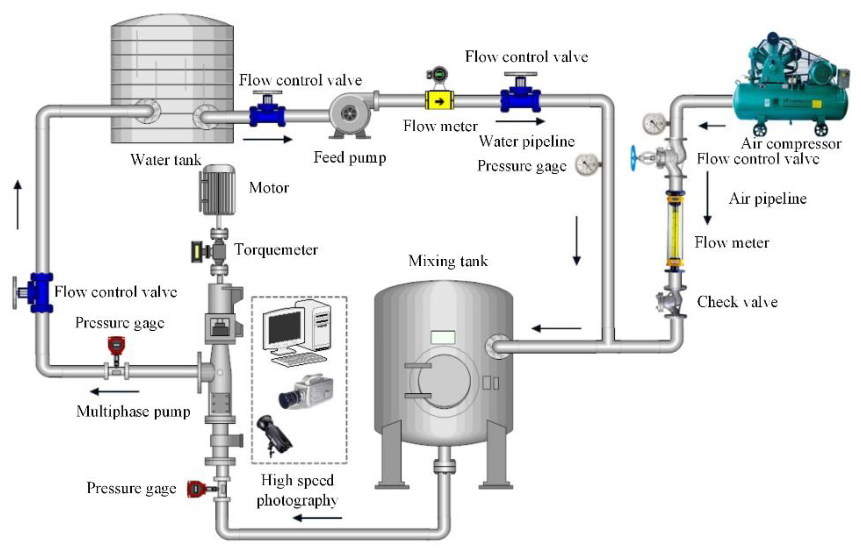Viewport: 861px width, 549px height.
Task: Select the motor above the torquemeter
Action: pos(217,190)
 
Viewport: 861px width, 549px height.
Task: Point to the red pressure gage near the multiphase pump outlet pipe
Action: pos(116,346)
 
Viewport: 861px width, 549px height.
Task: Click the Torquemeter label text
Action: pos(276,250)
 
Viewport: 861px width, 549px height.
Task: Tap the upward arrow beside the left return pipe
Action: pos(18,204)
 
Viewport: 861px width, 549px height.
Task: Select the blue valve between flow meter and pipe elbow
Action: pos(520,96)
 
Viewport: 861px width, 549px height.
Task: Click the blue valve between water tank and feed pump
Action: pos(267,112)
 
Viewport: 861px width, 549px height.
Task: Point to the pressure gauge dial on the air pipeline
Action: pos(654,123)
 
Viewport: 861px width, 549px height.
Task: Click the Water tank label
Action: pos(166,160)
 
